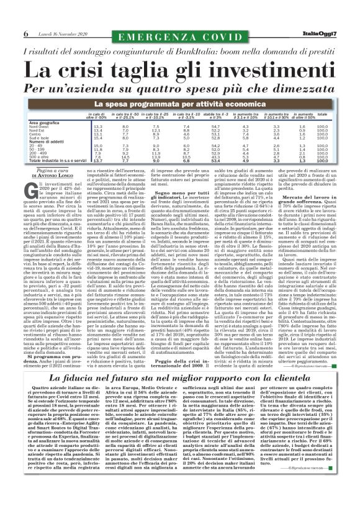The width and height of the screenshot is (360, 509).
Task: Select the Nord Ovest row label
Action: click(38, 127)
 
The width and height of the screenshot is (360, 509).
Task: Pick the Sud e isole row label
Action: click(39, 138)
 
